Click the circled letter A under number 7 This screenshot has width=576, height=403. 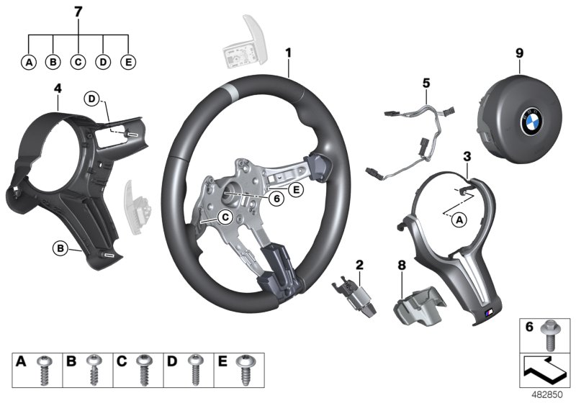29,62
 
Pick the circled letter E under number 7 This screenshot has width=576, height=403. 128,62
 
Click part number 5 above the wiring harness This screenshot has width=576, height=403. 426,83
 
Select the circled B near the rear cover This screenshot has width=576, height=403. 60,249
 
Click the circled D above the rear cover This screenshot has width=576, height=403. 92,99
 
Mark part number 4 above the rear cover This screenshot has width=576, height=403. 57,88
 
